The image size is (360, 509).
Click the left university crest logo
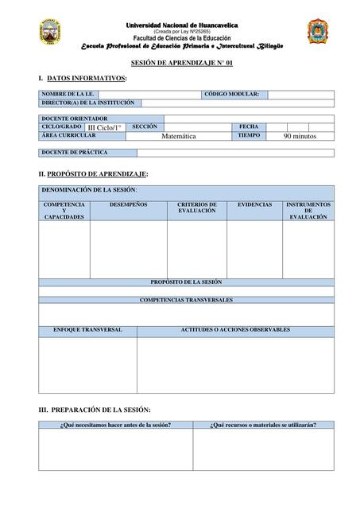[50, 33]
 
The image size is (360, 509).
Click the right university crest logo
[316, 32]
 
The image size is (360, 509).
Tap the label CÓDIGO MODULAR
[231, 94]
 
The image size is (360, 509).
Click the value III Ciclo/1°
[105, 127]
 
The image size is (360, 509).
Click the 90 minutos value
[300, 137]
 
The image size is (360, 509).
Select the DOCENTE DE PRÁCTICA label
[75, 152]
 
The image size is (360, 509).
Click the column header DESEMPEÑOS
[128, 204]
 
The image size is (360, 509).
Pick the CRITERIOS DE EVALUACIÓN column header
[196, 208]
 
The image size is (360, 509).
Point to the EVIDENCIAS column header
[255, 204]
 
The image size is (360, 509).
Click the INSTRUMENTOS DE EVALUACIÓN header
[308, 211]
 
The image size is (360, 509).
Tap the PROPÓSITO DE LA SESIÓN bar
[186, 282]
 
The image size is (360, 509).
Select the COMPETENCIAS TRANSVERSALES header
[186, 300]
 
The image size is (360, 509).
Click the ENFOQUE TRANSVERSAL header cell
[87, 329]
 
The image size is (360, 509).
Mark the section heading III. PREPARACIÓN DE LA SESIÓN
[95, 409]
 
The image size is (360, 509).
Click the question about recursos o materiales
[263, 425]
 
